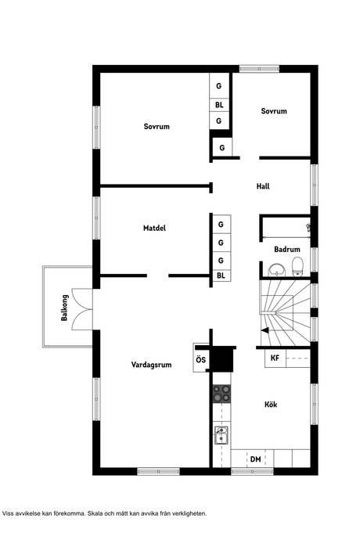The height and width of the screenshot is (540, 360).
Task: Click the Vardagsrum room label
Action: [151, 365]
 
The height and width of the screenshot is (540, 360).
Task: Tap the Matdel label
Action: [154, 228]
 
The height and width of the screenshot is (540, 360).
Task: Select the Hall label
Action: [263, 186]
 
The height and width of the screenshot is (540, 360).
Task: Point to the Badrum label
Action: [287, 249]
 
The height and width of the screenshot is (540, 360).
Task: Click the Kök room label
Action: [271, 405]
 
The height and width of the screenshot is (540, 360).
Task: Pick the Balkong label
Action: [64, 308]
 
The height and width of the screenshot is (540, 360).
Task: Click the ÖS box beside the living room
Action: [201, 359]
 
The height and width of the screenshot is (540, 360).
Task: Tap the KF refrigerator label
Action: [275, 358]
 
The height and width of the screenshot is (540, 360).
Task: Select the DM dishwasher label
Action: [256, 459]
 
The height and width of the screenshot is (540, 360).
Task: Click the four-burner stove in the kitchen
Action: [221, 394]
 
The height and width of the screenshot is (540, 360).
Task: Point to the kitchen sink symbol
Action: [221, 435]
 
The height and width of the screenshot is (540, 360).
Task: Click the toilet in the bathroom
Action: [297, 267]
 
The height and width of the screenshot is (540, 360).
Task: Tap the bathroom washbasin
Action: [277, 270]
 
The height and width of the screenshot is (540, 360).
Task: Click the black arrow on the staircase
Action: [265, 330]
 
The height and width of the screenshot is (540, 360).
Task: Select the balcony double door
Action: [82, 309]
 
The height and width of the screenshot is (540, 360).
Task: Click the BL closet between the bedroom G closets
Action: [219, 105]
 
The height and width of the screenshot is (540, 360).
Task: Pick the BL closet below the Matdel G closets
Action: [221, 275]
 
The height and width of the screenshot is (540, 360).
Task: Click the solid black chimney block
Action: [222, 359]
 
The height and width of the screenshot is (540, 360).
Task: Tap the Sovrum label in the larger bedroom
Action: [157, 126]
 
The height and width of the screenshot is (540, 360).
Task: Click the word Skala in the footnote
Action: [95, 513]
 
